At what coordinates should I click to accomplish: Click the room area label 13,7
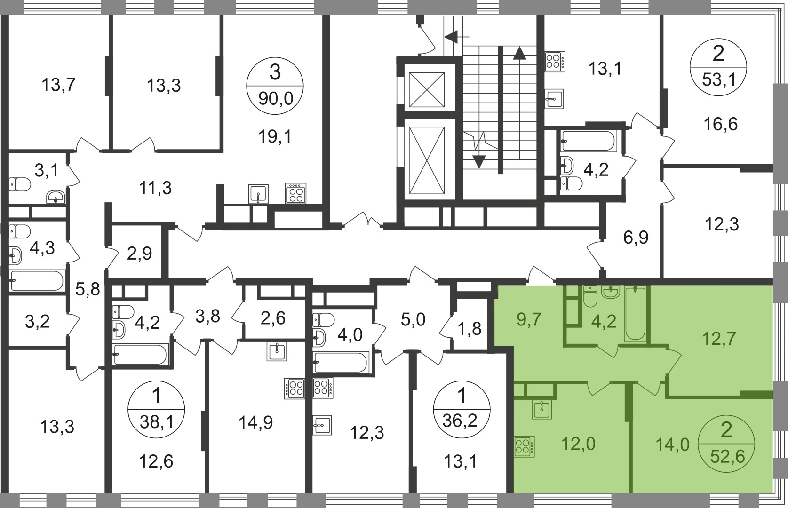(58, 85)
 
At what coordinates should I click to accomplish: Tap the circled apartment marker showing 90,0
(275, 86)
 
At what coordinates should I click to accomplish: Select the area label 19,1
(275, 136)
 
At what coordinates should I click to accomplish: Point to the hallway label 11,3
(155, 188)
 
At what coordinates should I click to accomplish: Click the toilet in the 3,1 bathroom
(20, 184)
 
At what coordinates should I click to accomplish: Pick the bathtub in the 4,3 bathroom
(37, 280)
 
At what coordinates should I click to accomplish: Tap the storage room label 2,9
(139, 254)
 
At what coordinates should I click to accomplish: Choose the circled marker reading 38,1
(156, 410)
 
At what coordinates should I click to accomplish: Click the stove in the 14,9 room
(295, 389)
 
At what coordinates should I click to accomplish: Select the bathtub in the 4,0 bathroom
(341, 362)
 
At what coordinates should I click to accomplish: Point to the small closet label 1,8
(470, 329)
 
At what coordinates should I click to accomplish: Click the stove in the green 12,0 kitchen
(524, 446)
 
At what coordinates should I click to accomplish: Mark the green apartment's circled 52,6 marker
(726, 446)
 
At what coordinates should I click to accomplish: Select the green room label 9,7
(529, 319)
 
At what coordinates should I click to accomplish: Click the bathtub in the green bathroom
(635, 314)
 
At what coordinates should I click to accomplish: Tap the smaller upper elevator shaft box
(427, 89)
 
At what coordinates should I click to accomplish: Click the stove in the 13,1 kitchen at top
(555, 62)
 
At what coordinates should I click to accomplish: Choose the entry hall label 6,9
(636, 238)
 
